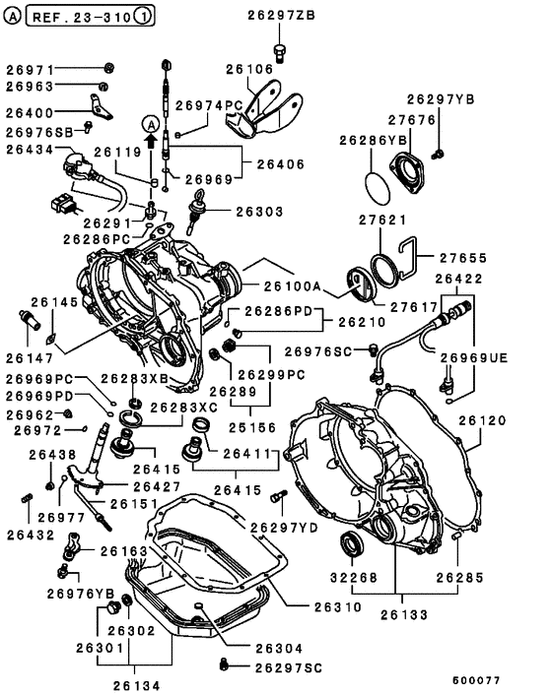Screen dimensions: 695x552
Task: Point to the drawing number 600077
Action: pyautogui.click(x=477, y=680)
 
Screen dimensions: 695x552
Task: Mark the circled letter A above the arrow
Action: pyautogui.click(x=150, y=124)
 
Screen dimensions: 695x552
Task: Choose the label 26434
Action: pyautogui.click(x=31, y=149)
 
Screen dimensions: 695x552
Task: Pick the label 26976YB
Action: pyautogui.click(x=80, y=593)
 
